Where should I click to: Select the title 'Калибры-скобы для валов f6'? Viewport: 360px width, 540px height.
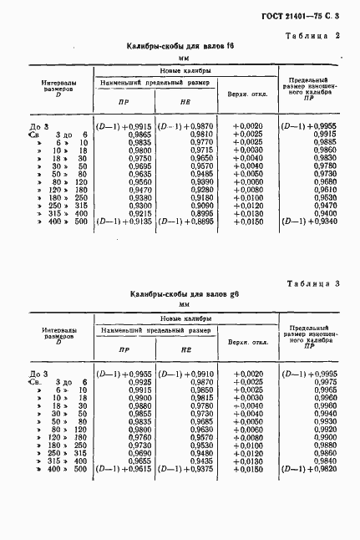180,48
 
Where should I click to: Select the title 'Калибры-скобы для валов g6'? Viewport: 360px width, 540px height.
180,296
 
